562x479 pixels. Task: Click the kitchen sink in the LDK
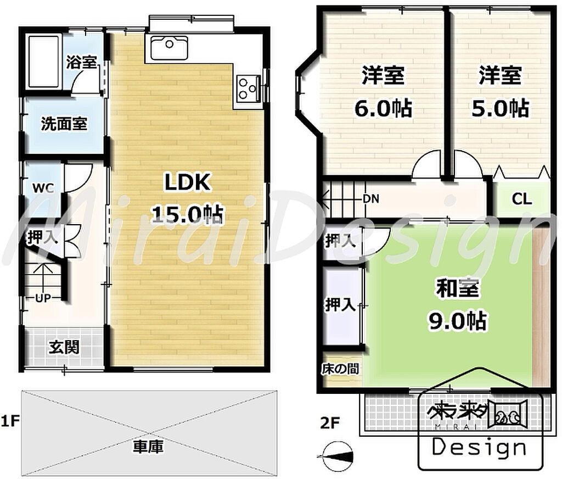point(169,48)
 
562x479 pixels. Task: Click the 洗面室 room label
point(64,124)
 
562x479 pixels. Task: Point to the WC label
point(43,188)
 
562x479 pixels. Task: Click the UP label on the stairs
point(43,297)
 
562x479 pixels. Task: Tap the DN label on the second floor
point(371,198)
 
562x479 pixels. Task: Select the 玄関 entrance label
point(64,347)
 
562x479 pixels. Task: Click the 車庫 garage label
point(148,447)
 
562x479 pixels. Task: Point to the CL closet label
point(522,198)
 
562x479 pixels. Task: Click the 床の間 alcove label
point(340,369)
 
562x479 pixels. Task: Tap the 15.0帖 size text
point(187,215)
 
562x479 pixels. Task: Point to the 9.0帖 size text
point(458,320)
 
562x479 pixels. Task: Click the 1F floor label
point(10,421)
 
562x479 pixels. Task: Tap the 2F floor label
point(330,423)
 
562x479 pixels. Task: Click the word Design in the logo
point(480,448)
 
